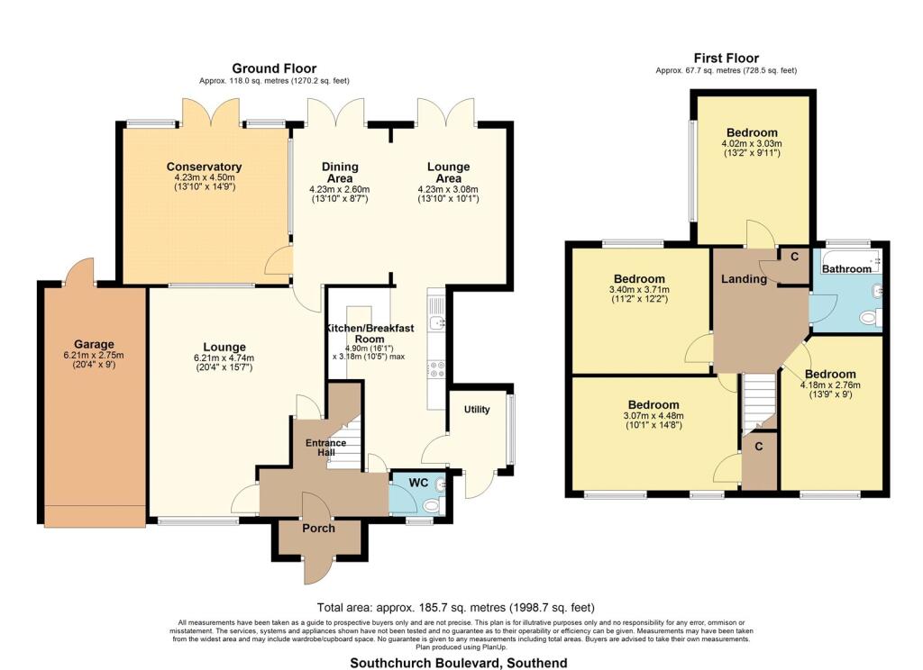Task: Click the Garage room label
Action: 94,344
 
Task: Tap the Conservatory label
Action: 204,167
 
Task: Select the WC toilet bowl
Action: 433,504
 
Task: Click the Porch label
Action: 318,529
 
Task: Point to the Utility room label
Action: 477,410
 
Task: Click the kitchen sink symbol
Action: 437,322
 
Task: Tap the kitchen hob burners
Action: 437,369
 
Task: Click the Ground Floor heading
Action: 274,68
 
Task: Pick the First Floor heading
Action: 726,58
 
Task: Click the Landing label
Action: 744,279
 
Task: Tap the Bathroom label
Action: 846,269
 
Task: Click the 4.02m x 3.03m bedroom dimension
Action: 752,143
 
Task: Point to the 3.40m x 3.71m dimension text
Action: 639,289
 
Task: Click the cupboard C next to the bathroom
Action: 795,257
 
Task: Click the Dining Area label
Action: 340,172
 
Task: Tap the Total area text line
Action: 455,608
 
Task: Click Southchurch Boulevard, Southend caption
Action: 459,663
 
